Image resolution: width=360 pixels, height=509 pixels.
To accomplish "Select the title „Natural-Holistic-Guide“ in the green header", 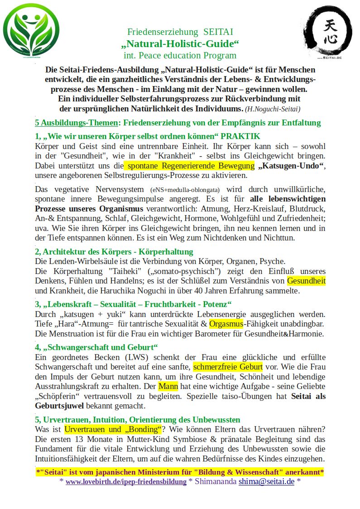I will click(180, 44).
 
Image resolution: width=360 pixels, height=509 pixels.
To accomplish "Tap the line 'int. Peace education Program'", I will click(180, 56).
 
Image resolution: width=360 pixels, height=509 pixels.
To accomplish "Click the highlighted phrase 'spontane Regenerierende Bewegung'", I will click(188, 165).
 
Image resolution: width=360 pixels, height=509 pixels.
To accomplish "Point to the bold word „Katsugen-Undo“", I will click(291, 165).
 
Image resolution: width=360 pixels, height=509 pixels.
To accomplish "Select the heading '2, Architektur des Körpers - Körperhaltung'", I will click(114, 251).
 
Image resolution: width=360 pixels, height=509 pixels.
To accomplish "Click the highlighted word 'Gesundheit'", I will click(306, 281).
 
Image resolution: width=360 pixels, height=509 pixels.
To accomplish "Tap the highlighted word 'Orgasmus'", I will click(226, 324).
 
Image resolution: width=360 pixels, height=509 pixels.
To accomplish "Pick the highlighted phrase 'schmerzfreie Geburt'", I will click(228, 367).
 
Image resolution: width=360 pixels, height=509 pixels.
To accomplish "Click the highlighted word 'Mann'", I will click(168, 386).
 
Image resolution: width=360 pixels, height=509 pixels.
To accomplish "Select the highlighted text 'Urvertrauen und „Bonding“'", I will click(113, 429).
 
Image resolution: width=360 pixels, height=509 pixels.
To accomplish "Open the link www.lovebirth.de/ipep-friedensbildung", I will click(126, 481).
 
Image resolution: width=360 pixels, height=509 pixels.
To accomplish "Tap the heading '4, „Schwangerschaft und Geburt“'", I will click(96, 347).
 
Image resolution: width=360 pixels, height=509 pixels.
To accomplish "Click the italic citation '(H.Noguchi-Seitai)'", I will click(273, 109).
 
